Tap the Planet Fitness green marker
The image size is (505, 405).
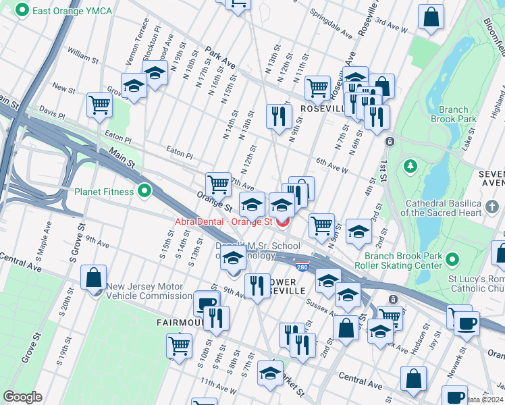[x=143, y=192]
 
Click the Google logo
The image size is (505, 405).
[x=22, y=397]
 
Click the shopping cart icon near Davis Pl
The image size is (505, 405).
[x=99, y=105]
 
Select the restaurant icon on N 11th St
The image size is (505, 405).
[x=278, y=115]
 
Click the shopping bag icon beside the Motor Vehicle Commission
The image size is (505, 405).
[x=93, y=277]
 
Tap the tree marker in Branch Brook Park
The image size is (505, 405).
[x=410, y=166]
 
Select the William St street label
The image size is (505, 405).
[x=83, y=57]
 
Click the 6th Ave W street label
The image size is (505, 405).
[x=331, y=166]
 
